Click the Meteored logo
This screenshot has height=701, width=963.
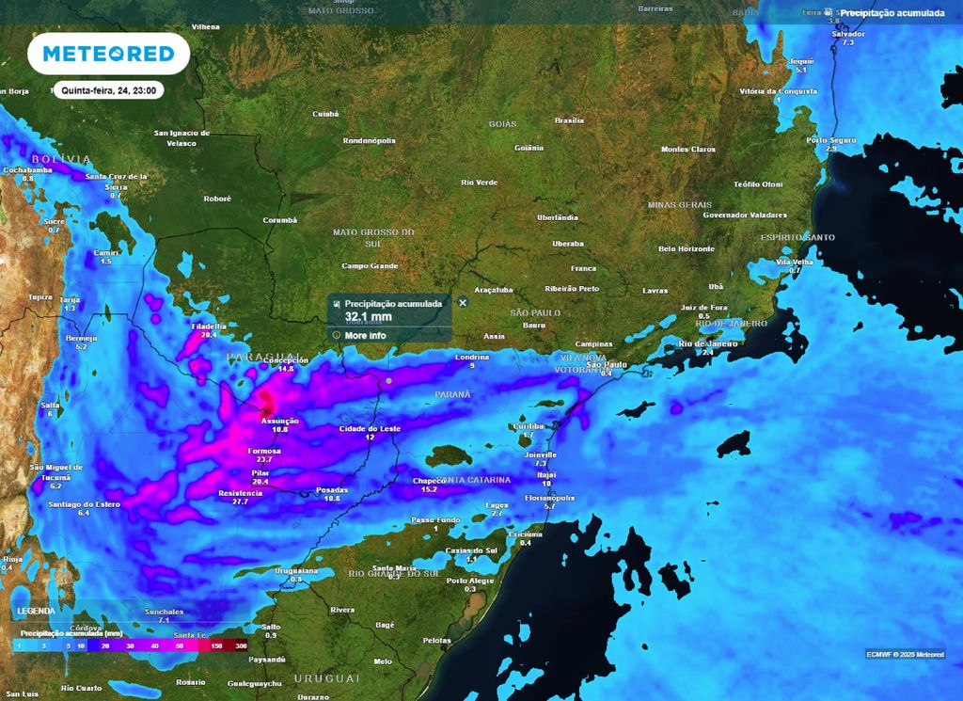pos(108,54)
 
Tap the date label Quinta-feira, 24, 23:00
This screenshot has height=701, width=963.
pos(108,90)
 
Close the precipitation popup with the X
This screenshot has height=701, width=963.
pos(463,302)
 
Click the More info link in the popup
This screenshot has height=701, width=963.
pos(364,335)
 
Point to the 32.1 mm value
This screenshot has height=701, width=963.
pos(367,317)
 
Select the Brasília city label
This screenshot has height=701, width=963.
pos(569,120)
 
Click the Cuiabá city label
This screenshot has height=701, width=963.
pos(324,114)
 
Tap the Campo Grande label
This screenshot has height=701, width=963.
pos(370,266)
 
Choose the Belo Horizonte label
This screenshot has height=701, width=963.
pos(687,248)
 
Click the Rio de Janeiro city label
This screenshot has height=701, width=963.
pos(708,343)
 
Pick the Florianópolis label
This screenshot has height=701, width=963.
pos(549,497)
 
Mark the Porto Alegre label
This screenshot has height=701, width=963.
pos(470,581)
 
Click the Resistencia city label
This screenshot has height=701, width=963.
pos(240,493)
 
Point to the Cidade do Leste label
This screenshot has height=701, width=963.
pos(370,428)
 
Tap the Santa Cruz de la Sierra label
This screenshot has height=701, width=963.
pos(117,177)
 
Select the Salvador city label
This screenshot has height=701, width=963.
pos(848,33)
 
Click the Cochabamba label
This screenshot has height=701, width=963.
pos(27,169)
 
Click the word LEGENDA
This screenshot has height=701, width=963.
pos(36,611)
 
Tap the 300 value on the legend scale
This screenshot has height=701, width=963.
pos(241,646)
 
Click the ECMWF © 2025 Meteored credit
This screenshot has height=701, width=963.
pos(906,654)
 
